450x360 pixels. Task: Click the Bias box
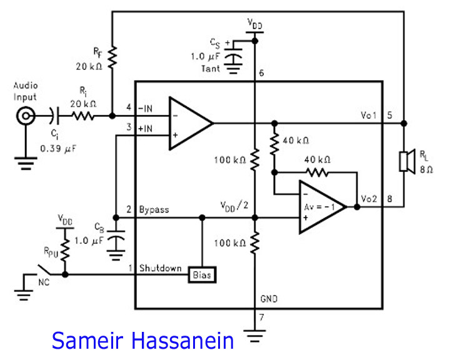(202, 275)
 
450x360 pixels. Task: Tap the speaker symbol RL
(407, 162)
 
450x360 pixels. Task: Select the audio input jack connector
(26, 116)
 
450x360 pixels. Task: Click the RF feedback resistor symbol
(112, 57)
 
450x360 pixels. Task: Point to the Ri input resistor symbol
(82, 116)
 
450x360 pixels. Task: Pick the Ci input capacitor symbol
(56, 116)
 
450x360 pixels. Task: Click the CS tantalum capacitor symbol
(233, 57)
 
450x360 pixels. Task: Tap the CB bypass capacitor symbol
(116, 241)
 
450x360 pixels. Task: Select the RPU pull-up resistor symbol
(65, 249)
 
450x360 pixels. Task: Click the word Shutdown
(160, 268)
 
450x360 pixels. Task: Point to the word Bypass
(154, 209)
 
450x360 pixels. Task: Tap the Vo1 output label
(369, 115)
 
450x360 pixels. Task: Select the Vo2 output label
(369, 199)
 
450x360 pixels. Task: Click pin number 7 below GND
(261, 317)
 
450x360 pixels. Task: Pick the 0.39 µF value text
(58, 149)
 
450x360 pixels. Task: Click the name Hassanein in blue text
(182, 341)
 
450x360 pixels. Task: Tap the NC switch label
(44, 282)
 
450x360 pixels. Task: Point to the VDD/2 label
(234, 206)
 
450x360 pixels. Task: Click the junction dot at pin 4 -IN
(112, 116)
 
